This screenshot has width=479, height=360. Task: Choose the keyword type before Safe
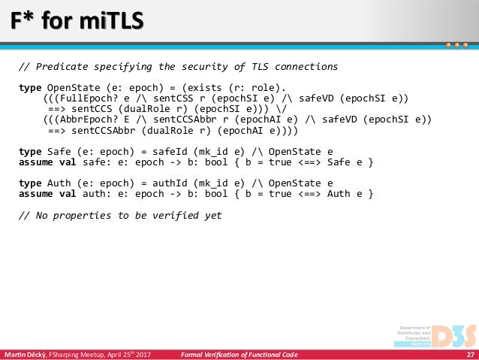coord(30,151)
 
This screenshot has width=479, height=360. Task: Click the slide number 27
coord(471,354)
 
